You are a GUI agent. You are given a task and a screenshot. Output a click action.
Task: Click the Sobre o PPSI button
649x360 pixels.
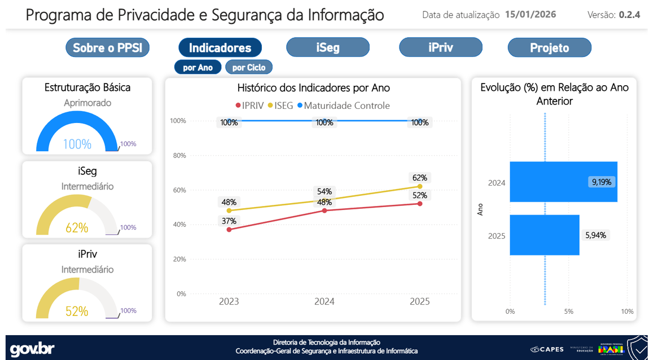108,48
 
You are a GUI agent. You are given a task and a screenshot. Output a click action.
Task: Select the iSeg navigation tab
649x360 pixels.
328,47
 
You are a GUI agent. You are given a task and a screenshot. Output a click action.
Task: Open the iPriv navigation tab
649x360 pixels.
440,47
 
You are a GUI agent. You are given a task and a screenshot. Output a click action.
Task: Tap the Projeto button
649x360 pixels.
549,48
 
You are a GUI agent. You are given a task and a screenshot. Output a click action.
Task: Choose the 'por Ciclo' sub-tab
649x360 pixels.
249,68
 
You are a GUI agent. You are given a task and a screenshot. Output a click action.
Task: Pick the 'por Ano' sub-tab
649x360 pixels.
198,68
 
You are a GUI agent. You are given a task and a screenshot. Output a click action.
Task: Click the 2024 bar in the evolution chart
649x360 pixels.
563,182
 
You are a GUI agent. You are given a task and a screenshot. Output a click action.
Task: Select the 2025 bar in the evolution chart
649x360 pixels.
544,235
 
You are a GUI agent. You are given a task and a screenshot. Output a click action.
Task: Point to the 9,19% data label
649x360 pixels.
601,182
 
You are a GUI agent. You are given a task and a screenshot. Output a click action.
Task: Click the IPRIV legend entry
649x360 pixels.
249,106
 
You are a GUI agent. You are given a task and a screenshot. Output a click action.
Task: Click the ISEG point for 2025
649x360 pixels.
420,186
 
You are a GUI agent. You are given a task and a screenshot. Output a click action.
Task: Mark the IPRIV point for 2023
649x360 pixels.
229,230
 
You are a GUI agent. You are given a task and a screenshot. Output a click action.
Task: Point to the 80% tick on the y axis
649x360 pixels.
178,156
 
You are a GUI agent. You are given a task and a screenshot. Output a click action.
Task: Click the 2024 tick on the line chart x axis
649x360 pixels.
324,301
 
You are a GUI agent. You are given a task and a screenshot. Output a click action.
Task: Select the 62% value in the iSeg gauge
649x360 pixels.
77,228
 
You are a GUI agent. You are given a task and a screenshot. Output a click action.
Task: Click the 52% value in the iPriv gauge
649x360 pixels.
77,311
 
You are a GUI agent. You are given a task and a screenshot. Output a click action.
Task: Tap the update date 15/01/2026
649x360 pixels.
530,15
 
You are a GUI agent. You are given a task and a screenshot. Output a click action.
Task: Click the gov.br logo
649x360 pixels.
32,349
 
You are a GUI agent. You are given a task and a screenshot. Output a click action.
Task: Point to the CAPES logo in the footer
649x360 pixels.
546,349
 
